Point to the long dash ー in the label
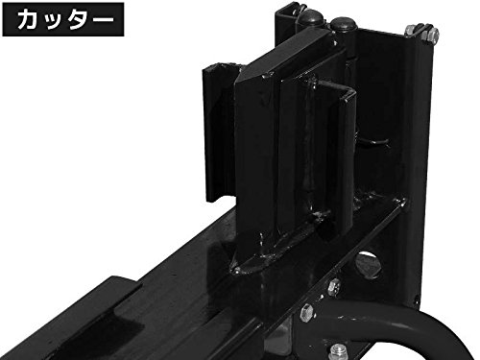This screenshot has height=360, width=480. click(100, 19)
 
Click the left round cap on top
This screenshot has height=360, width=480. click(311, 17)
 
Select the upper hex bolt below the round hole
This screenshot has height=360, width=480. click(334, 286)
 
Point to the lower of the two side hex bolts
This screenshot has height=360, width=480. click(307, 312)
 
